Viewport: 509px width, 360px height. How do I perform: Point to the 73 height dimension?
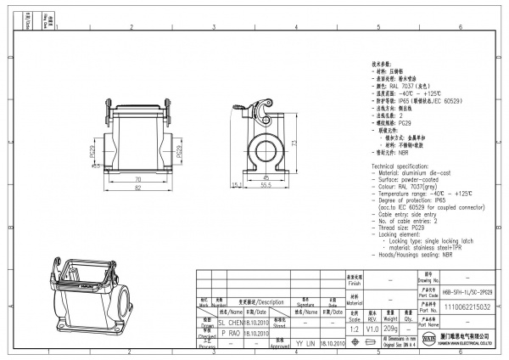coord(293,143)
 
